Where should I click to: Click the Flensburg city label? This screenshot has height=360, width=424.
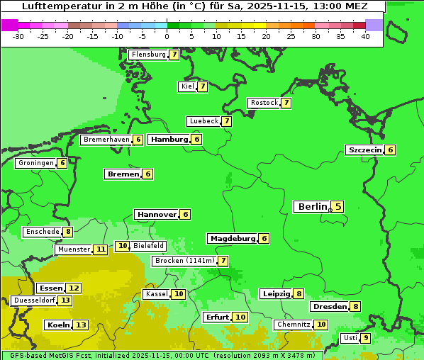click(148, 55)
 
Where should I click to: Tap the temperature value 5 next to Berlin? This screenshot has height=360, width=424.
click(338, 207)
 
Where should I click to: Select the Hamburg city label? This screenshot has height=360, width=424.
click(169, 140)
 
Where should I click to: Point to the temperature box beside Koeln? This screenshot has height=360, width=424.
click(81, 325)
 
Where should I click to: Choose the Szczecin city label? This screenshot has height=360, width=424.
click(364, 150)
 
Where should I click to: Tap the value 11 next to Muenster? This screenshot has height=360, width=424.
click(101, 249)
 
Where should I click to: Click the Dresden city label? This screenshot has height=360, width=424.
click(329, 307)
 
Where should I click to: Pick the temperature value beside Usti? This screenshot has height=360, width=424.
click(365, 338)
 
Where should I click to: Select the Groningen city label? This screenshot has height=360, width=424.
click(36, 163)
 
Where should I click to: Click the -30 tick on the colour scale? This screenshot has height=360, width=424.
click(18, 36)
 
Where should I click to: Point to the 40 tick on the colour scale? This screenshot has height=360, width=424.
click(365, 36)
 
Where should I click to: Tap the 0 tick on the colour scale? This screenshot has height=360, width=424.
click(167, 36)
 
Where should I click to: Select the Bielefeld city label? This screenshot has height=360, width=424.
click(148, 246)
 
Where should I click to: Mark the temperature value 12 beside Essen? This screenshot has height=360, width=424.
click(74, 288)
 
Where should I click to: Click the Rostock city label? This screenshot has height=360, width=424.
click(264, 103)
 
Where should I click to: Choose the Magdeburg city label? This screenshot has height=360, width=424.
click(232, 239)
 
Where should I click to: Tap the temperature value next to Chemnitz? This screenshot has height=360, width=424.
click(321, 325)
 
